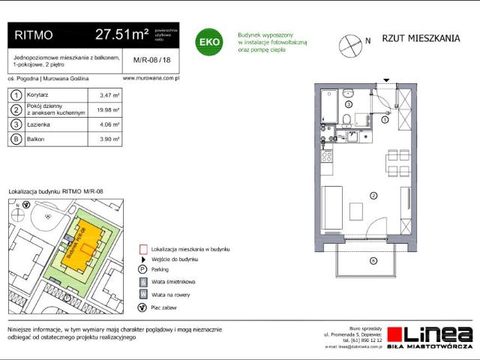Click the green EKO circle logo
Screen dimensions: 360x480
(208, 42)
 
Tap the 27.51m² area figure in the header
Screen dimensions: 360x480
(121, 34)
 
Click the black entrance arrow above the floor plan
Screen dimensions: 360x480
(386, 80)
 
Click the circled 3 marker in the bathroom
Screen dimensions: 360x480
(349, 104)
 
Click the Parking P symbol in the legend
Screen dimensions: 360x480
(142, 268)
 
